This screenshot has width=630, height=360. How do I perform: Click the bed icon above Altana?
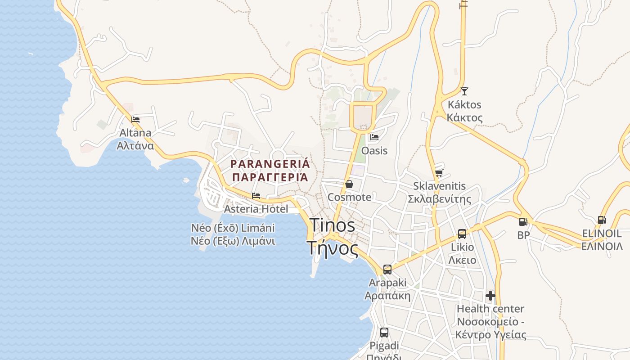[x=135, y=120]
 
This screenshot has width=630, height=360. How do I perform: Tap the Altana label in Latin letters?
[x=135, y=133]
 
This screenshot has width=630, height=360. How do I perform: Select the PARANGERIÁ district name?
[x=270, y=163]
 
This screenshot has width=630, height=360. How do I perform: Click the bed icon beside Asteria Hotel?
[x=256, y=196]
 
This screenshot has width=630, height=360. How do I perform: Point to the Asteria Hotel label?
[x=256, y=209]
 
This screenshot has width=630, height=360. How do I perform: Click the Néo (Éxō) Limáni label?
[x=233, y=228]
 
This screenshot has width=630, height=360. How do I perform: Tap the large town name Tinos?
[x=333, y=225]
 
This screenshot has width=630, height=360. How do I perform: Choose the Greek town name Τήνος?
[x=333, y=247]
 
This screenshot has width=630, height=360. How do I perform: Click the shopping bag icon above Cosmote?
[x=349, y=184]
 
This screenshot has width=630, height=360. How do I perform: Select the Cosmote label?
[x=350, y=197]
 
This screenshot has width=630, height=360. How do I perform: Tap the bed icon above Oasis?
[x=374, y=137]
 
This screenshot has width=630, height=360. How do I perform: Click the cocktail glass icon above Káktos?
[x=464, y=91]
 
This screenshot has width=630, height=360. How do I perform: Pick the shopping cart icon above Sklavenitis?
[x=439, y=173]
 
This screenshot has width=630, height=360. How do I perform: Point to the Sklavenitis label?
[x=439, y=186]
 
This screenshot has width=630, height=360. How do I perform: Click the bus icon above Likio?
[x=462, y=234]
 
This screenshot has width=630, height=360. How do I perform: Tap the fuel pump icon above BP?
[x=523, y=221]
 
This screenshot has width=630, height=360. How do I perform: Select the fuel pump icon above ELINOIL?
[x=602, y=220]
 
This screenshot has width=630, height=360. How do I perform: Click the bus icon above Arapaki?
[x=387, y=270]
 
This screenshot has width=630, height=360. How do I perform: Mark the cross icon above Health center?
[x=490, y=296]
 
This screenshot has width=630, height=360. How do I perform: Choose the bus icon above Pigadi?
[x=384, y=333]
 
